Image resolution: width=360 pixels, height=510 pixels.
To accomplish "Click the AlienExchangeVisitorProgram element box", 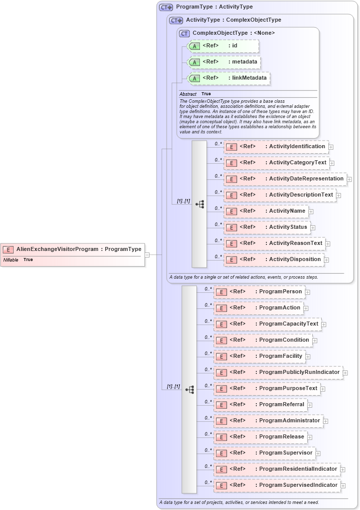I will [73, 249].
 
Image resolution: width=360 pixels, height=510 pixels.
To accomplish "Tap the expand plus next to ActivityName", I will [311, 212].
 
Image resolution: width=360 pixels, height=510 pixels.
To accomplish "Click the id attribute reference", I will [223, 46].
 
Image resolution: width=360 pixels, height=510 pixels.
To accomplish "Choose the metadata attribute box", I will [224, 62].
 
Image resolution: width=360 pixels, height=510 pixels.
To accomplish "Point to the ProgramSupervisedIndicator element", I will [277, 485].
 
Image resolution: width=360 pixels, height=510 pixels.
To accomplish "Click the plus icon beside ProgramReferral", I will [310, 405].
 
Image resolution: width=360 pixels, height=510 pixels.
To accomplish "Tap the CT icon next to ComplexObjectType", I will [184, 33].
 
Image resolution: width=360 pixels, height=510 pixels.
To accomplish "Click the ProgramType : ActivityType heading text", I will [214, 7].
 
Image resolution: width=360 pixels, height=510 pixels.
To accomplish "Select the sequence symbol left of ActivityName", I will [199, 204].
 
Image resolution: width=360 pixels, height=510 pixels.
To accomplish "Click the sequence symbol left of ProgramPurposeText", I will [189, 390].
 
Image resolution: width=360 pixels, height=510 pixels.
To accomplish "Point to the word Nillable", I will [11, 260].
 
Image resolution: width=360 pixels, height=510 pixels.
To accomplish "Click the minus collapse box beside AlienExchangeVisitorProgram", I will [147, 255].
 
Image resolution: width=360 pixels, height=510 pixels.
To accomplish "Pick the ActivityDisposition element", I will [274, 260].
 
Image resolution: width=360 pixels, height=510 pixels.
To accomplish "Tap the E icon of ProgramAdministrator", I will [221, 421].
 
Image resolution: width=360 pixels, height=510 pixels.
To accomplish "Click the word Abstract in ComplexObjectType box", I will [188, 94].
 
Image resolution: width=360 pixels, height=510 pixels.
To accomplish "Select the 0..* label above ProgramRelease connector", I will [208, 433].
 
